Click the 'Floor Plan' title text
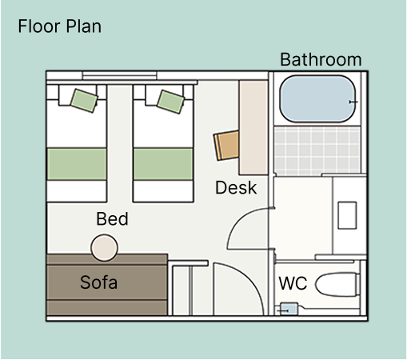[x=59, y=26]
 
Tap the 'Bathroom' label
[x=320, y=60]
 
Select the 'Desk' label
[x=236, y=188]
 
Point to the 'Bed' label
[x=112, y=219]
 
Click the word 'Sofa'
[x=99, y=282]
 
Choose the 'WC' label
[x=293, y=283]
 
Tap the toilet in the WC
[x=336, y=285]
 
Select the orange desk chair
[x=226, y=145]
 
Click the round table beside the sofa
[x=105, y=248]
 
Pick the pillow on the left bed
[x=82, y=100]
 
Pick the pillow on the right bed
[x=170, y=100]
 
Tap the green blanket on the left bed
[x=77, y=164]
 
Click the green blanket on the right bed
[x=164, y=164]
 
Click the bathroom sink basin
[x=347, y=214]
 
